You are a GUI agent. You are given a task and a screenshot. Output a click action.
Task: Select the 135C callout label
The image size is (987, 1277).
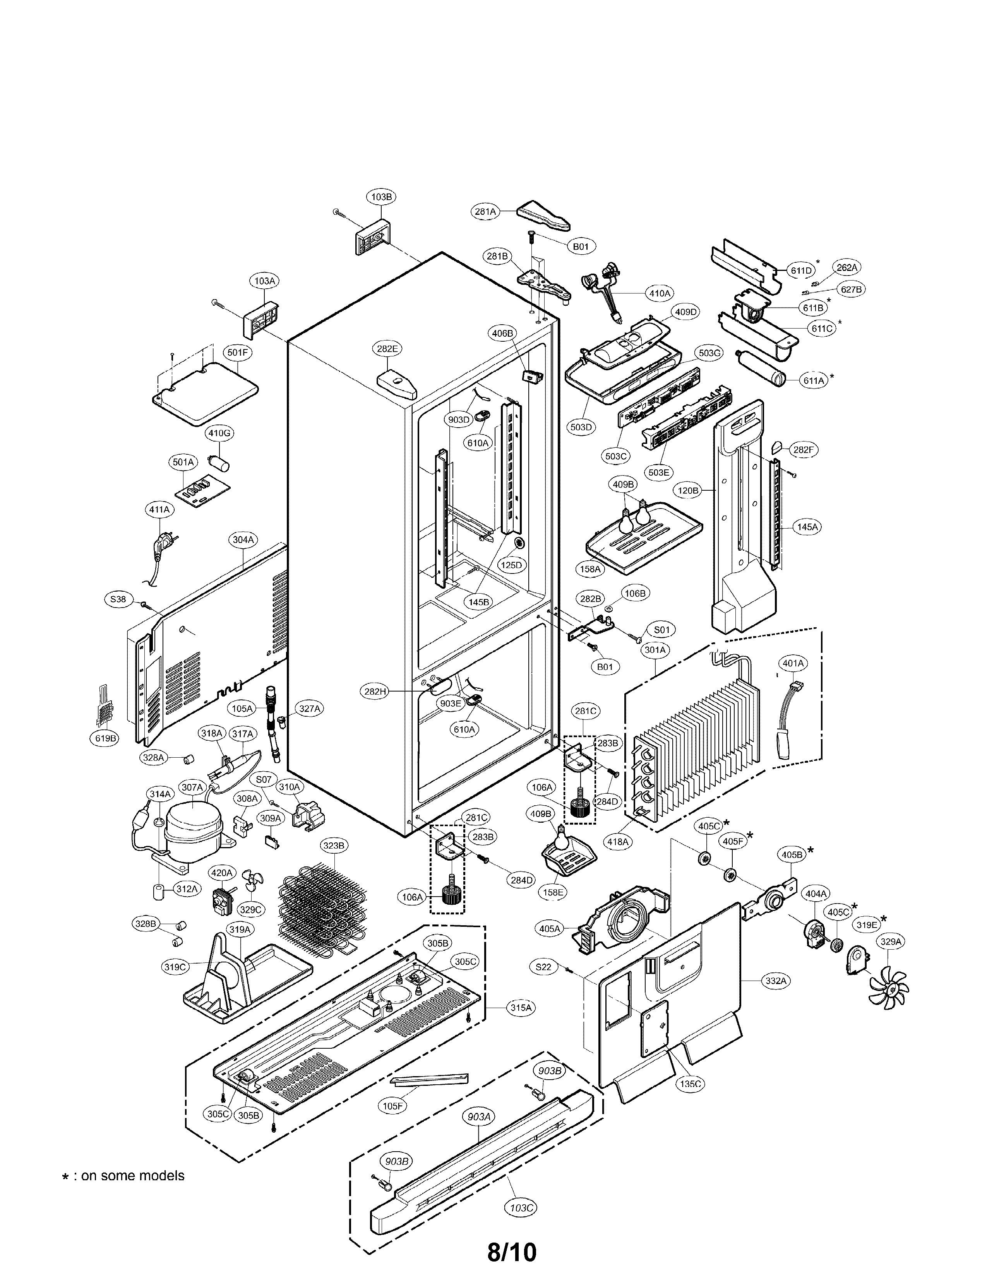690,1084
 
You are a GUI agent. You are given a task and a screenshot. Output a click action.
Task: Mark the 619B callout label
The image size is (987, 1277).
106,738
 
